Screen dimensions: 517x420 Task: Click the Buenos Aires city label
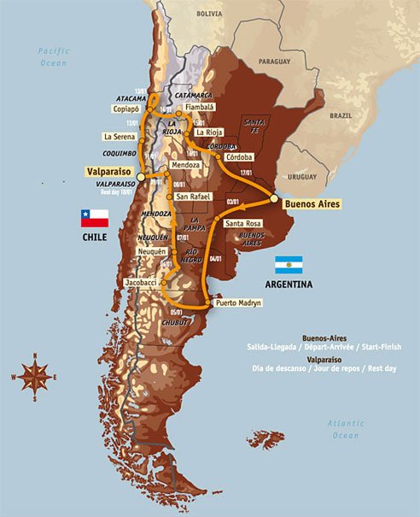tap(312, 204)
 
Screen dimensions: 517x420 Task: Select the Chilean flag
tap(94, 218)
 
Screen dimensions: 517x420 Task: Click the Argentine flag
tap(288, 264)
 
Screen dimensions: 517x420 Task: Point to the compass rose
tap(33, 375)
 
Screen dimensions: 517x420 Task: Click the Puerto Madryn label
tap(238, 303)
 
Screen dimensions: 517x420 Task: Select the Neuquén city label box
tap(155, 254)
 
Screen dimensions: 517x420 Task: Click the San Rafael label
tap(192, 197)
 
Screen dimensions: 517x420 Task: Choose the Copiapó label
tap(125, 110)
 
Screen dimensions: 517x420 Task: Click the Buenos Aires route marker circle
tap(275, 198)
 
